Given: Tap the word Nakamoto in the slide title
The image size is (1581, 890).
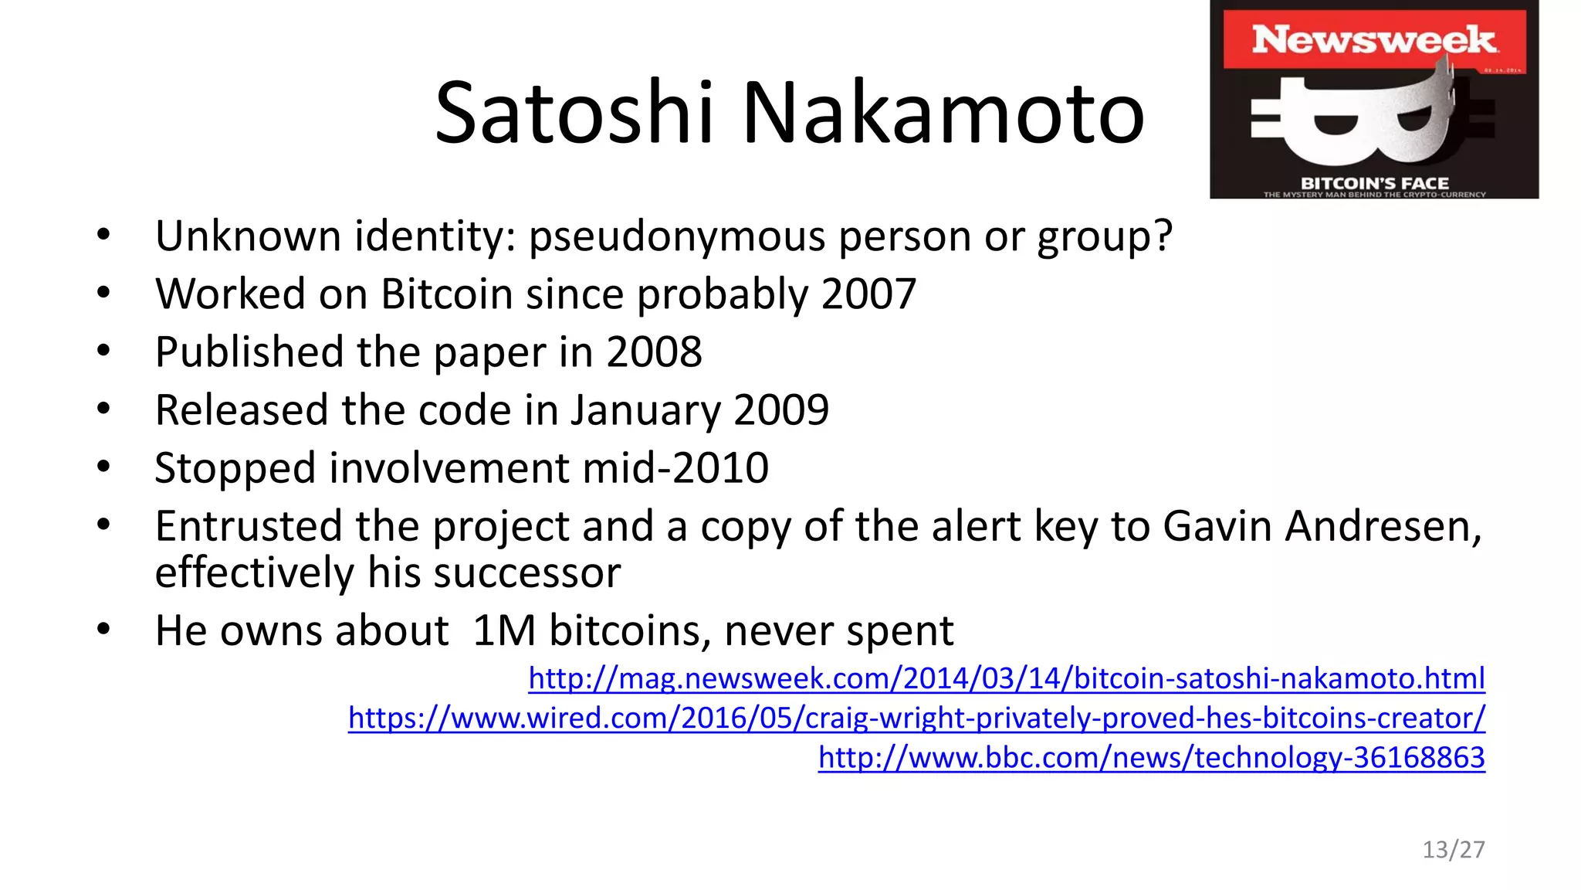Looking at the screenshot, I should pos(943,113).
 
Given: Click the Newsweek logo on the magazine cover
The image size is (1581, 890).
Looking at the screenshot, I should pos(1373,39).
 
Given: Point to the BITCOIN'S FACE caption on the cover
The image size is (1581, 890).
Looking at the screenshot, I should pos(1374,183).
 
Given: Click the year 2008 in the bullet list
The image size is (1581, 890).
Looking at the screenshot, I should pos(654,352).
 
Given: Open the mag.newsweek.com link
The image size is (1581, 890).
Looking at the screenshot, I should pos(1006,678).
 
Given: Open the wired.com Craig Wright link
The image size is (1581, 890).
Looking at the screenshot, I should pos(916,718).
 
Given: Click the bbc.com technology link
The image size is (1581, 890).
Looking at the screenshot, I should pos(1151,758).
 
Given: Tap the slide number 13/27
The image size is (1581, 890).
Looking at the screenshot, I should pos(1453,850).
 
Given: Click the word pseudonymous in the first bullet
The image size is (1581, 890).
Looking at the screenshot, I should pos(677,236).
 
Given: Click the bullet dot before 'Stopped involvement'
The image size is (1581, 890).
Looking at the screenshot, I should pos(104,467).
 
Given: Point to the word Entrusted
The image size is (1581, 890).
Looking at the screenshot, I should pos(249,527).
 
